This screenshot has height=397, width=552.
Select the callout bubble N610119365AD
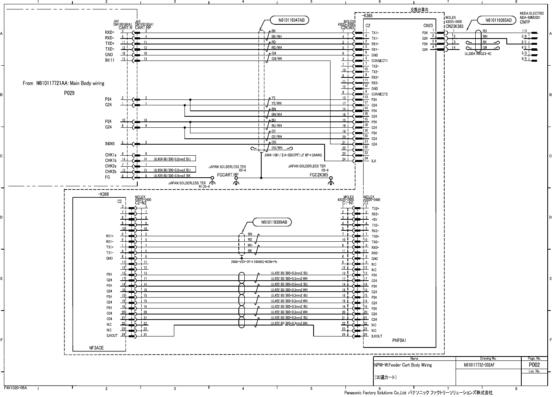point(496,20)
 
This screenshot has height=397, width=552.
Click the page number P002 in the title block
point(534,365)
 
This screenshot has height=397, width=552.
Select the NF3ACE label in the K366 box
point(96,348)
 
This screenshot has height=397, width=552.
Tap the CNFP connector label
point(525,22)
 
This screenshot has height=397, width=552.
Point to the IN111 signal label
point(110,60)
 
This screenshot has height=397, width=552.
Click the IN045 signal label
point(110,144)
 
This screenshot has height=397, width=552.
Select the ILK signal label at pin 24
point(374,161)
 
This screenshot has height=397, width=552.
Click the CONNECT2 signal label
point(380,94)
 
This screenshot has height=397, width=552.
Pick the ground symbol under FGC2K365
point(331,182)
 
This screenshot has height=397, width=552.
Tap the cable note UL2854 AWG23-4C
point(478,53)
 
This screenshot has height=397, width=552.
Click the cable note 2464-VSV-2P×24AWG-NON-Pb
point(254,261)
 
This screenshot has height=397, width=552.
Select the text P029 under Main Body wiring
point(69,93)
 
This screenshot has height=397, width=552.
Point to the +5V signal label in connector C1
point(375,220)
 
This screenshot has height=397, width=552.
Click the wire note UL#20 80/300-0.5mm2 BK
point(172,176)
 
